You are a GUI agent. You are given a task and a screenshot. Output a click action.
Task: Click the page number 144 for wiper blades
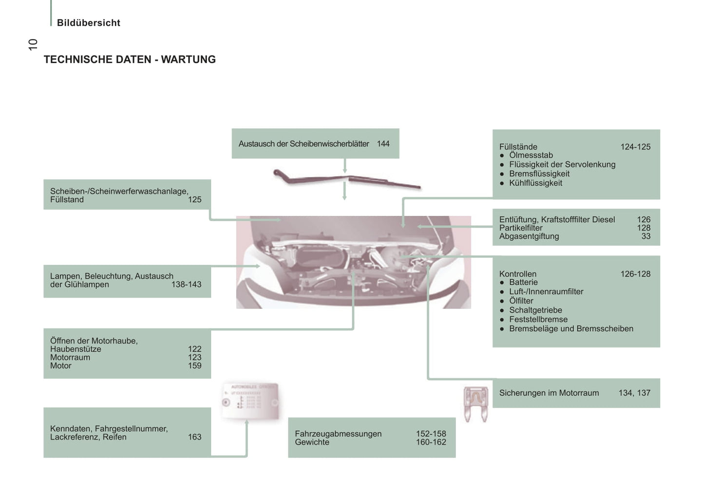[x=383, y=144]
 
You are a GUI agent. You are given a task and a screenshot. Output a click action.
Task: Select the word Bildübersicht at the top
[x=88, y=23]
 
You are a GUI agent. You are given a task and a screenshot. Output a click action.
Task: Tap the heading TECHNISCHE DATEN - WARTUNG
[x=130, y=59]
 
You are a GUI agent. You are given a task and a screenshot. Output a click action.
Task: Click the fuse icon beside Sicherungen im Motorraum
[x=476, y=404]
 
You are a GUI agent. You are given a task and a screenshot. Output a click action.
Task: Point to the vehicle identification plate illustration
[x=250, y=401]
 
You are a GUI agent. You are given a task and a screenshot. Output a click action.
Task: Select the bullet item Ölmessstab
[x=531, y=155]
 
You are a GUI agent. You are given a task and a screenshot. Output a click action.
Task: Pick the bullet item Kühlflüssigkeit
[x=535, y=183]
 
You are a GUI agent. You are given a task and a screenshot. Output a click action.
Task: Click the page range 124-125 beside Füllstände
[x=635, y=147]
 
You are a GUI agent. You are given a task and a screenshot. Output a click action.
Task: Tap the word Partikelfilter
[x=520, y=228]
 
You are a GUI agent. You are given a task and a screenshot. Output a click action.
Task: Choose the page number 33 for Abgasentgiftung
[x=646, y=236]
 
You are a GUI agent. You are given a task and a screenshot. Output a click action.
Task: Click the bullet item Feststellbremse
[x=538, y=320]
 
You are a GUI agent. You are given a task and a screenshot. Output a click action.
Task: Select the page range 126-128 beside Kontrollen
[x=635, y=274]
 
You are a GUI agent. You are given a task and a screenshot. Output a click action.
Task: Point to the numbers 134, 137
[x=634, y=393]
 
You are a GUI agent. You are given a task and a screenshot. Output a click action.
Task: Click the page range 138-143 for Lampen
[x=186, y=285]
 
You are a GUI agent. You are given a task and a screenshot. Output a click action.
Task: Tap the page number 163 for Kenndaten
[x=194, y=437]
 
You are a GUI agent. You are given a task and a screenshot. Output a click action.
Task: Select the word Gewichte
[x=312, y=442]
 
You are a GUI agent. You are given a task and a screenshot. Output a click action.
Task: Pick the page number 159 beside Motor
[x=194, y=366]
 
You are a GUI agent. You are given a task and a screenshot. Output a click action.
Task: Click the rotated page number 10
[x=33, y=44]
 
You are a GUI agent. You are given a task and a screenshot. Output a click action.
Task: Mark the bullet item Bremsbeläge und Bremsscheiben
[x=571, y=329]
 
